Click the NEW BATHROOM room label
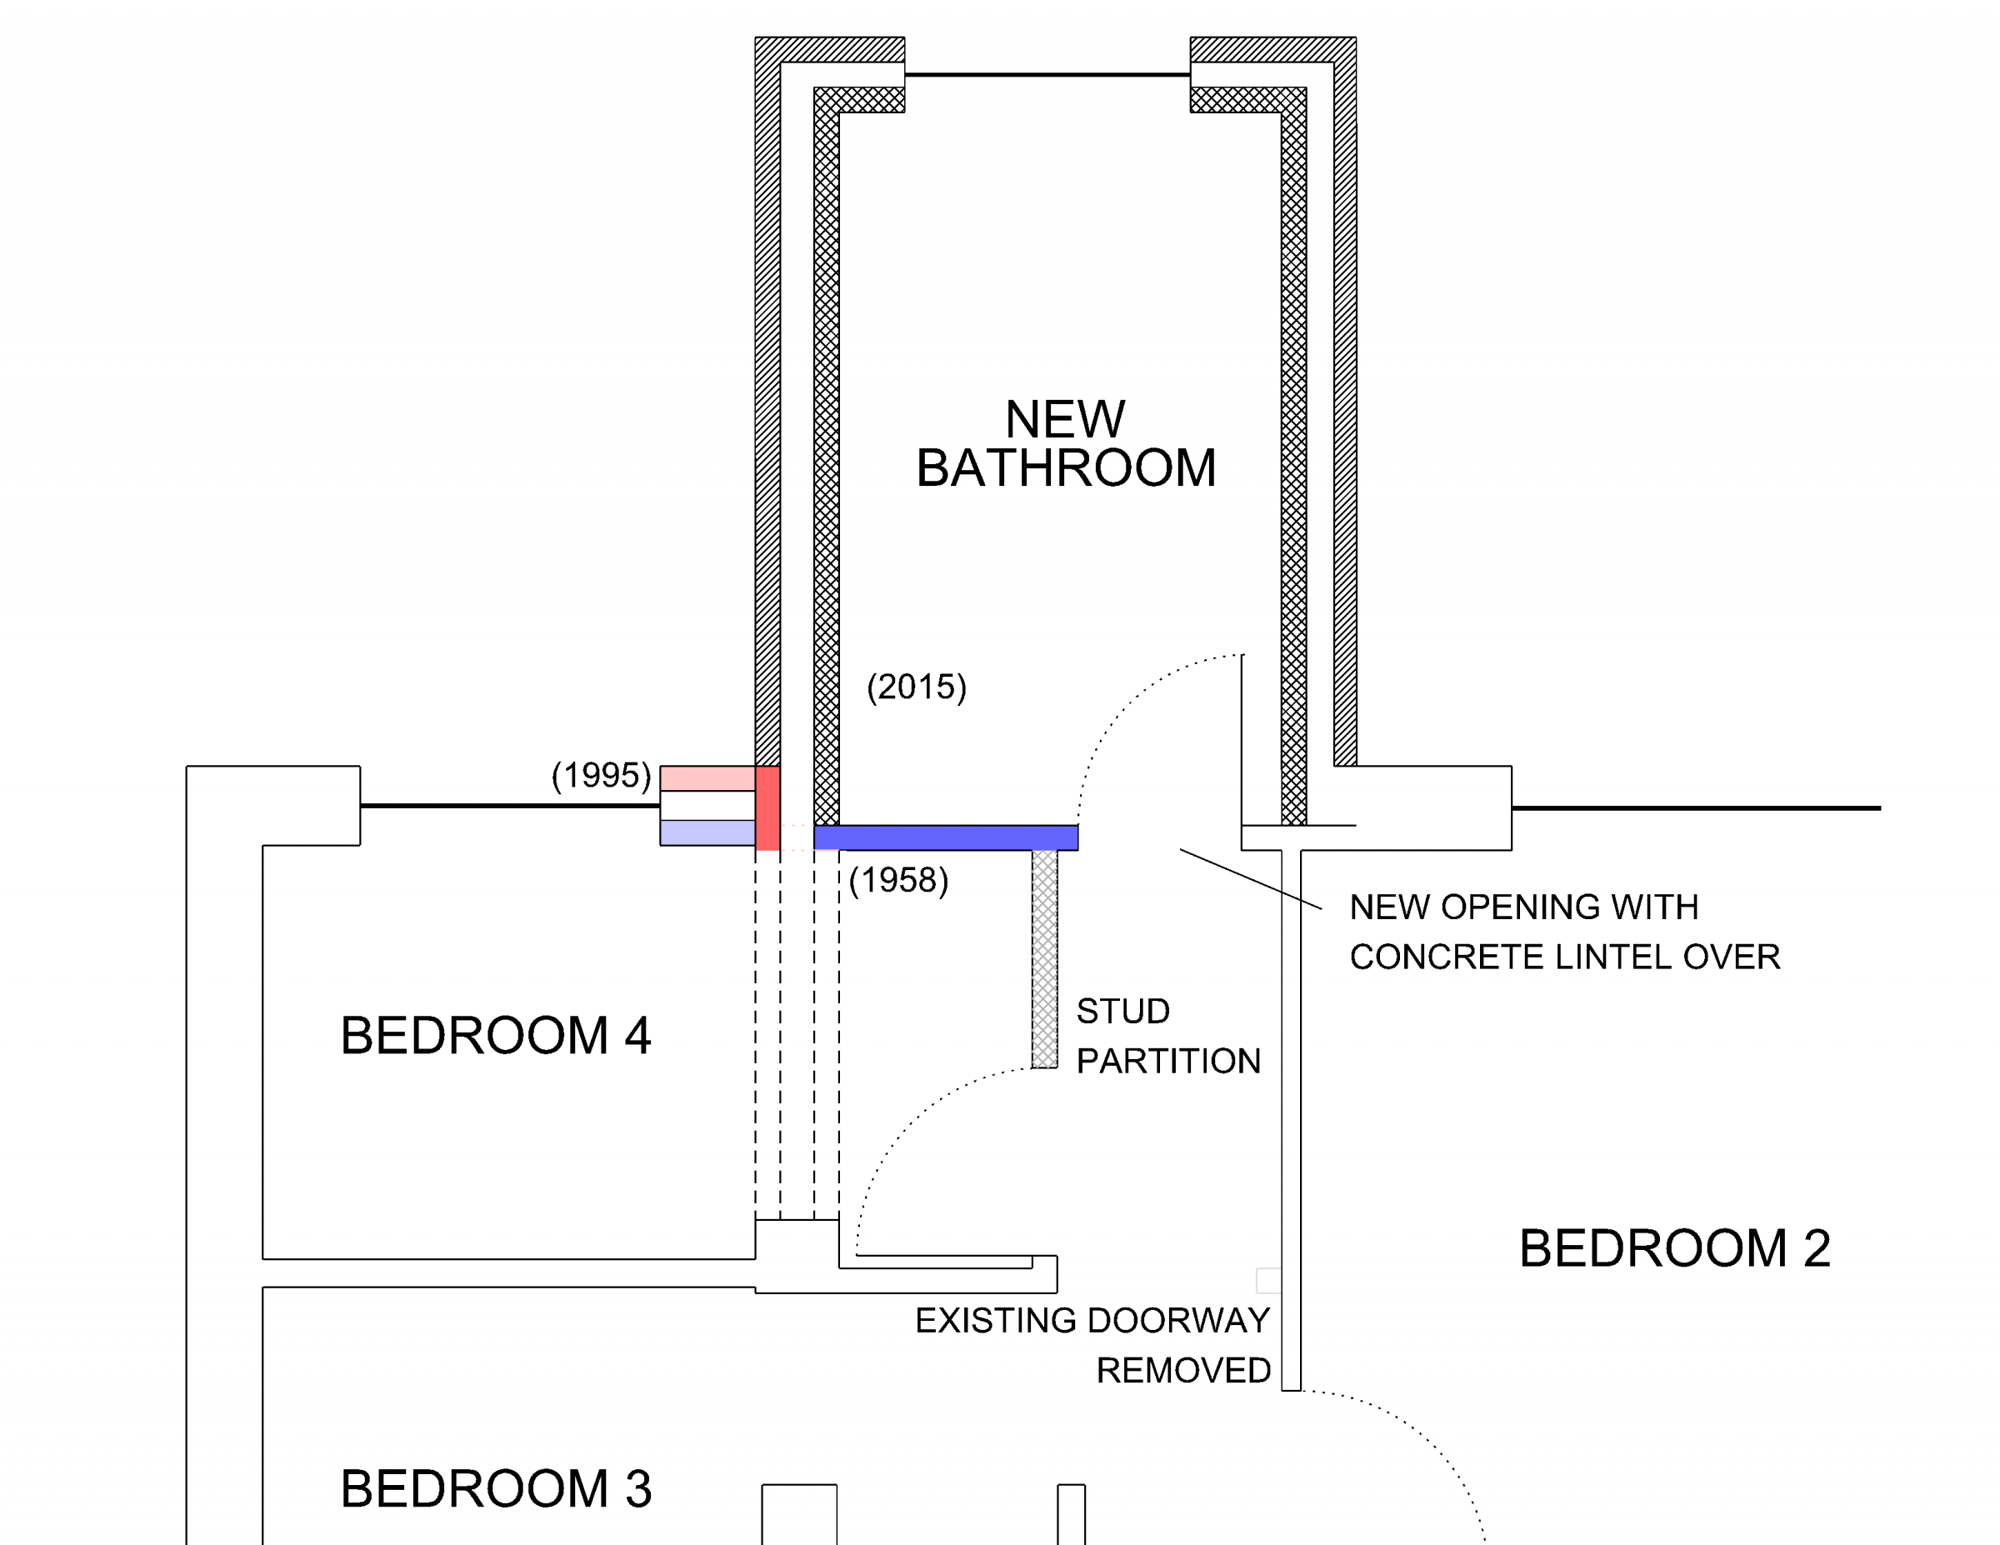point(1066,444)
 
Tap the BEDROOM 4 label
point(496,1036)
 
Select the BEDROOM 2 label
point(1675,1248)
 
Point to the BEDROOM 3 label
point(497,1488)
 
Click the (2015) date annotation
point(917,687)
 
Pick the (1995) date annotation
point(601,776)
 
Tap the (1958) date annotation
point(898,880)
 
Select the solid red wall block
point(767,808)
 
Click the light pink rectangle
point(707,778)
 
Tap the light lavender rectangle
point(707,832)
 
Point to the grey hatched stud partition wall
point(1045,959)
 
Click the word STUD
point(1123,1011)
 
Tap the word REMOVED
point(1184,1371)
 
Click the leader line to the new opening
point(1251,879)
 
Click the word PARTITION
point(1169,1062)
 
